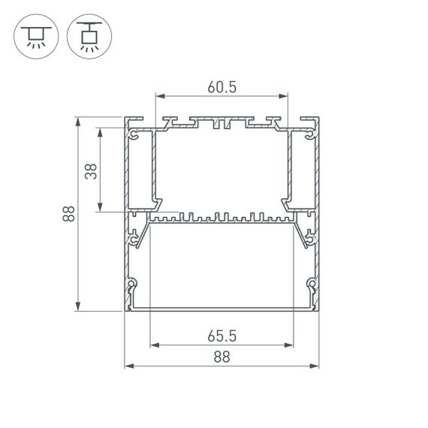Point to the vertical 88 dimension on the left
click(68, 214)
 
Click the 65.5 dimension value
click(222, 336)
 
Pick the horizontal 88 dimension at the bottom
click(222, 357)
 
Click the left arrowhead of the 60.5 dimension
click(159, 96)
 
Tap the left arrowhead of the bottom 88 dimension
click(128, 366)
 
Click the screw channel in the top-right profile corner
click(309, 136)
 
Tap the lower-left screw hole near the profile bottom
click(134, 285)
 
